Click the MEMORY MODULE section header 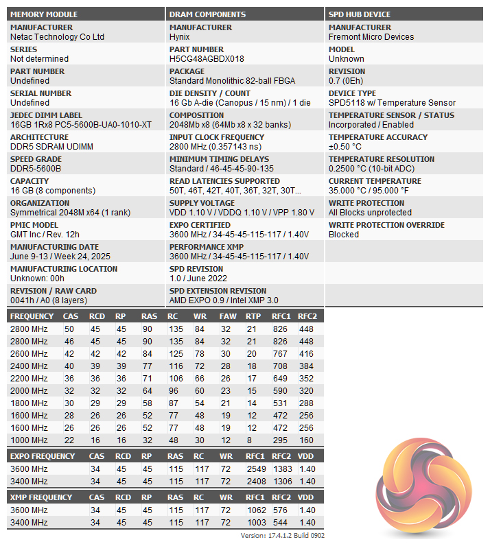tap(44, 14)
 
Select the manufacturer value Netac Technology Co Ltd tap(57, 37)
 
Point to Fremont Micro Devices tap(371, 37)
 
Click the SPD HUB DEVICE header tap(360, 14)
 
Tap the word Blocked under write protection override tap(344, 235)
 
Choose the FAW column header tap(228, 316)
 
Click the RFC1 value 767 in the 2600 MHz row tap(281, 353)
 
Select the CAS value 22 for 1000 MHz tap(69, 440)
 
